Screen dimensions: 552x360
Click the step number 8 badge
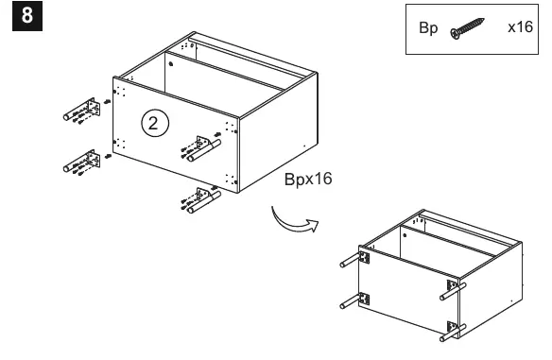pyautogui.click(x=27, y=16)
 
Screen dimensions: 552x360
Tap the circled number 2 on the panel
pyautogui.click(x=155, y=124)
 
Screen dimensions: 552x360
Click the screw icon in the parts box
pyautogui.click(x=467, y=28)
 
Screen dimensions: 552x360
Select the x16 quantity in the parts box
pyautogui.click(x=520, y=26)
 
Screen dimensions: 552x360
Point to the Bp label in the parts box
pyautogui.click(x=428, y=27)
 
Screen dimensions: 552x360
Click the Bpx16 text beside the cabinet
pyautogui.click(x=308, y=179)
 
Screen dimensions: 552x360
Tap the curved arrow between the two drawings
pyautogui.click(x=294, y=222)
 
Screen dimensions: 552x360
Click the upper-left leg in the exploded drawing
pyautogui.click(x=81, y=110)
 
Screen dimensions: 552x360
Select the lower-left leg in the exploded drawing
pyautogui.click(x=81, y=162)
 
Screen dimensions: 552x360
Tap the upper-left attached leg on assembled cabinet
pyautogui.click(x=354, y=259)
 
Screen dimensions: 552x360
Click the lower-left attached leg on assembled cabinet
pyautogui.click(x=354, y=300)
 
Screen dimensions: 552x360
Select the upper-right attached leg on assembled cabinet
pyautogui.click(x=453, y=290)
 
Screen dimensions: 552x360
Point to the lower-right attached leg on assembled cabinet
pyautogui.click(x=453, y=331)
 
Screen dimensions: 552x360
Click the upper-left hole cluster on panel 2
pyautogui.click(x=119, y=92)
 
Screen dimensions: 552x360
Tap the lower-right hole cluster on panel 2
pyautogui.click(x=232, y=180)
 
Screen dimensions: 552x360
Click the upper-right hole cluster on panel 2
pyautogui.click(x=232, y=128)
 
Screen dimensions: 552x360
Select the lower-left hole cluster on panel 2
pyautogui.click(x=119, y=144)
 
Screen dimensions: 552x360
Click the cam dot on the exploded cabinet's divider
pyautogui.click(x=171, y=64)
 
